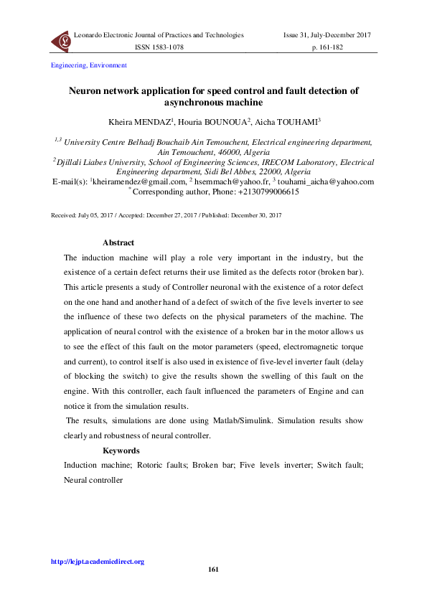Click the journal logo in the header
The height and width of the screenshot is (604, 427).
[61, 41]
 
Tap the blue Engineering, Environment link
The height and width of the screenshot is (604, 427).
[88, 65]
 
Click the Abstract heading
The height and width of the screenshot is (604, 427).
[118, 243]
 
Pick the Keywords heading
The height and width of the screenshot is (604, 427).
[121, 451]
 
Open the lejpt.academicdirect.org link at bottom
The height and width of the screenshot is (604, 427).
[97, 562]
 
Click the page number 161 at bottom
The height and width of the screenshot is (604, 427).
[213, 570]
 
